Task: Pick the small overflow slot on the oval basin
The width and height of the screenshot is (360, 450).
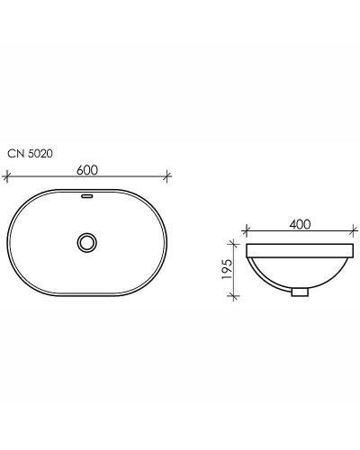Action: click(87, 193)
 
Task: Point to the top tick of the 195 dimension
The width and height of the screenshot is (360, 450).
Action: click(236, 240)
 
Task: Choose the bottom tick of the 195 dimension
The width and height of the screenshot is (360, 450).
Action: click(236, 294)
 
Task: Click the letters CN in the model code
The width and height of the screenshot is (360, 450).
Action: click(15, 153)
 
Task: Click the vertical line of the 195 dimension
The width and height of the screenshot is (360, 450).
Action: click(236, 267)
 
